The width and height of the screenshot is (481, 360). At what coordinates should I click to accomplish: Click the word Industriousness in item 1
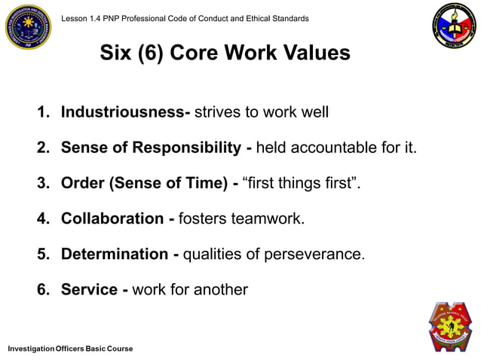(122, 113)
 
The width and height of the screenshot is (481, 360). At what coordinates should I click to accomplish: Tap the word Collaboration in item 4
(112, 219)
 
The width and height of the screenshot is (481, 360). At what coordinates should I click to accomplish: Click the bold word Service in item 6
(89, 289)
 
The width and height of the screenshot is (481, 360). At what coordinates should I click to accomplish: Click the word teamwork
(268, 219)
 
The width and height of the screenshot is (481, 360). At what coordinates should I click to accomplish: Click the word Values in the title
(310, 53)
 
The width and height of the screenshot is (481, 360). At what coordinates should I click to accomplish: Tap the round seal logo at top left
(28, 26)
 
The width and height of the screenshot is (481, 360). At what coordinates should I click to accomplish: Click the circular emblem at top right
(453, 26)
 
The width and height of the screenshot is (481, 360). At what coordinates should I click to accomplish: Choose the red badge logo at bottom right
(450, 327)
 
